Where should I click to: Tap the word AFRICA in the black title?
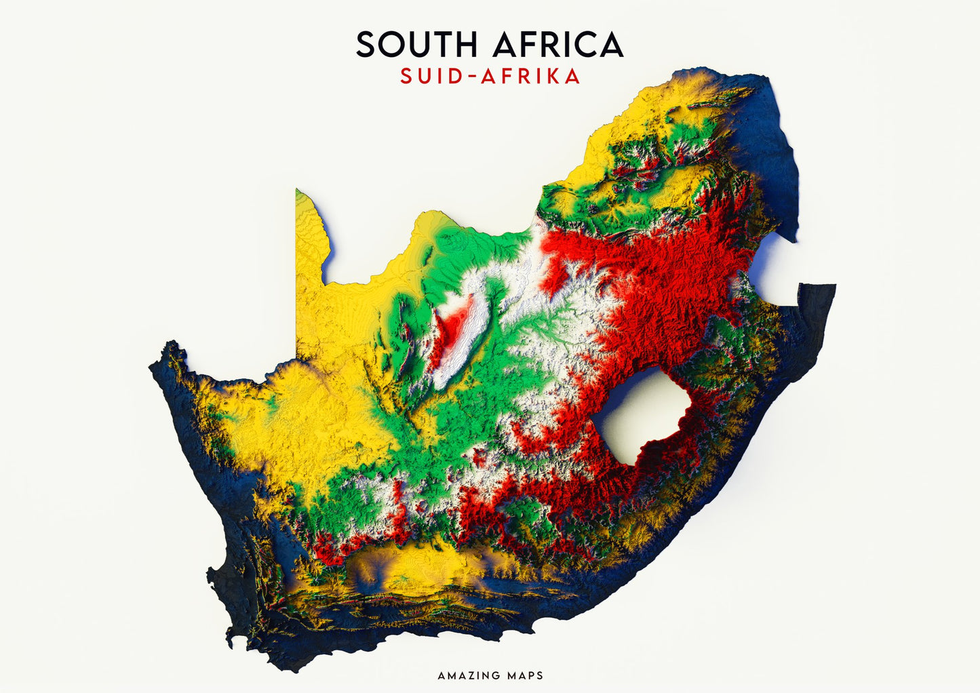coord(557,45)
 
